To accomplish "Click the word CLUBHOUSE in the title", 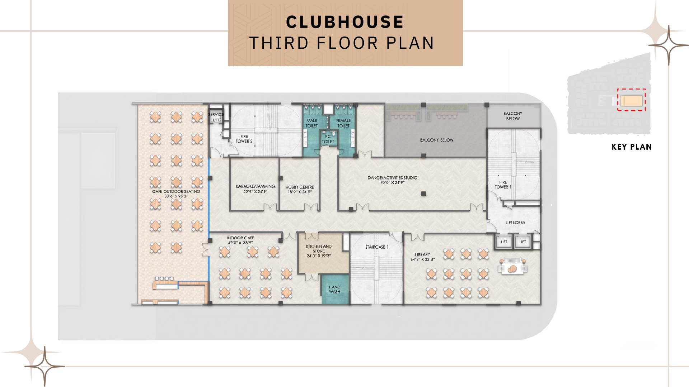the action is [x=344, y=22].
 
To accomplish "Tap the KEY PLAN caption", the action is [x=632, y=147].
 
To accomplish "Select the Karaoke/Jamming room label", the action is [x=255, y=189].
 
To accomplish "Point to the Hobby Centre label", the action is [x=300, y=190].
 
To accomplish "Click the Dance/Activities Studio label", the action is [x=392, y=180].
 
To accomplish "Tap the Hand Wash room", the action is [x=335, y=289].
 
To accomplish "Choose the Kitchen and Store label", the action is [x=319, y=251].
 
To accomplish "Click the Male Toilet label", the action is [x=311, y=123].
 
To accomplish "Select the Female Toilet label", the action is [x=343, y=123].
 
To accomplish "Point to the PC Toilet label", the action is [x=328, y=139].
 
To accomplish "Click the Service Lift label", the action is [x=216, y=117].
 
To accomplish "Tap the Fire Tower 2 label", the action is [x=244, y=139].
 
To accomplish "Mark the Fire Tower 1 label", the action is [x=503, y=185].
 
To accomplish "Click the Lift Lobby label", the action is [x=515, y=223].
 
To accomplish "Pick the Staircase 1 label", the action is [x=377, y=247].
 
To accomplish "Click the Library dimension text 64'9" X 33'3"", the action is [x=422, y=259].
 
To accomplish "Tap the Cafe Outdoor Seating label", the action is [x=176, y=193].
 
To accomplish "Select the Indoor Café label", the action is [x=240, y=240].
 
